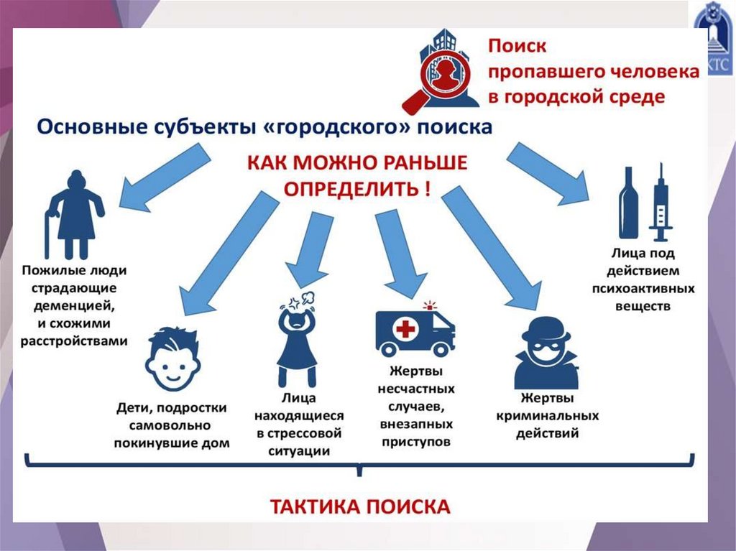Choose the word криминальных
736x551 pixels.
[547, 416]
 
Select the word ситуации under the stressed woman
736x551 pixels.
[299, 451]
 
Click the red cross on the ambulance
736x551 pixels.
[407, 330]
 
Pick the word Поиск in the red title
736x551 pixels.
[517, 46]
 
